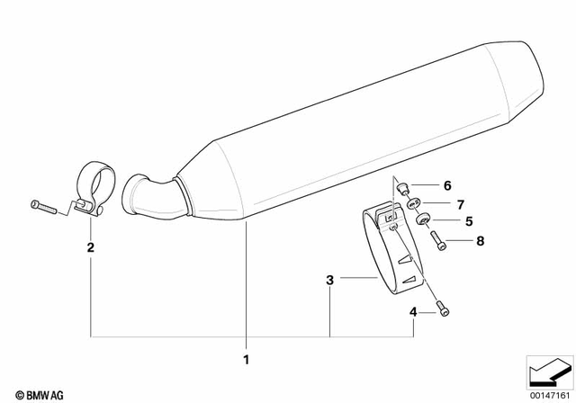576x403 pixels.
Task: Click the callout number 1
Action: [x=244, y=360]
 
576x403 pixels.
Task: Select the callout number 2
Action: [x=90, y=246]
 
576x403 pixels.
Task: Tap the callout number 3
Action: [x=330, y=281]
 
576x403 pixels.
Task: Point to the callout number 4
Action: [x=413, y=312]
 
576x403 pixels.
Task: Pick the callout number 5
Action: [x=469, y=220]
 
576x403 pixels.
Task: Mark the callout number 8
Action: [x=480, y=240]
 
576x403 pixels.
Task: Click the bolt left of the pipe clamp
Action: [x=44, y=207]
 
